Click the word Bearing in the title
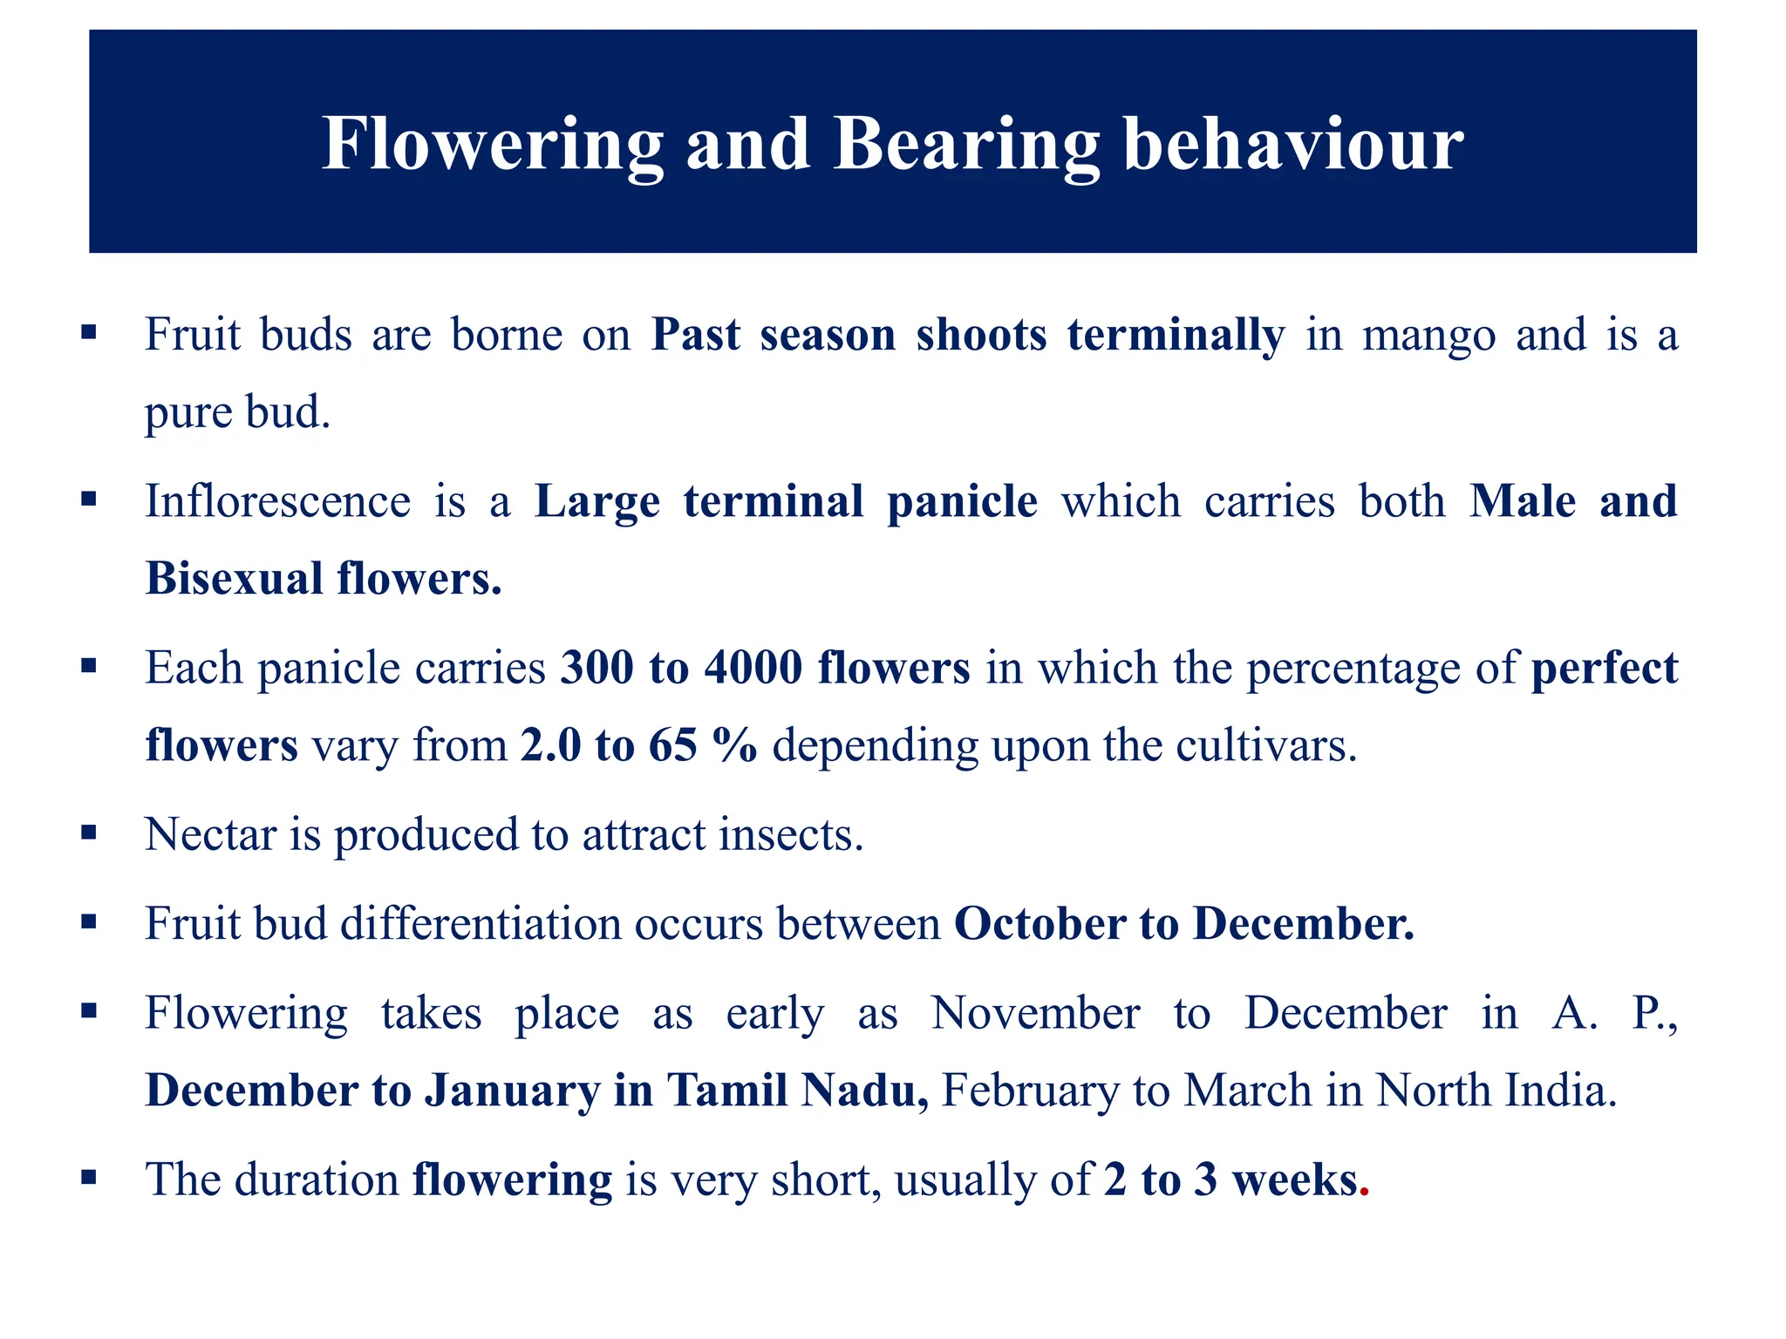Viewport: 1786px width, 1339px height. (966, 145)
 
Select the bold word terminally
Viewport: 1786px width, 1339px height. (1176, 336)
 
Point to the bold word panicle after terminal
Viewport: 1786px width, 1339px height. (962, 502)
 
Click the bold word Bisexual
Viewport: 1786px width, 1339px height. (234, 579)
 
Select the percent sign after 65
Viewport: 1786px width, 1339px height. (734, 746)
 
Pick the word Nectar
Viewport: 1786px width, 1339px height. (210, 835)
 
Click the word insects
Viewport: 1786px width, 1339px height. (791, 835)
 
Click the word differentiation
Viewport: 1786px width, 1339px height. (480, 924)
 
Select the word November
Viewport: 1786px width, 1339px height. (1035, 1014)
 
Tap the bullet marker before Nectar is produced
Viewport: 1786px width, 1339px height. (88, 833)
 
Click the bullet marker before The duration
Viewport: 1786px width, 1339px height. (88, 1179)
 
